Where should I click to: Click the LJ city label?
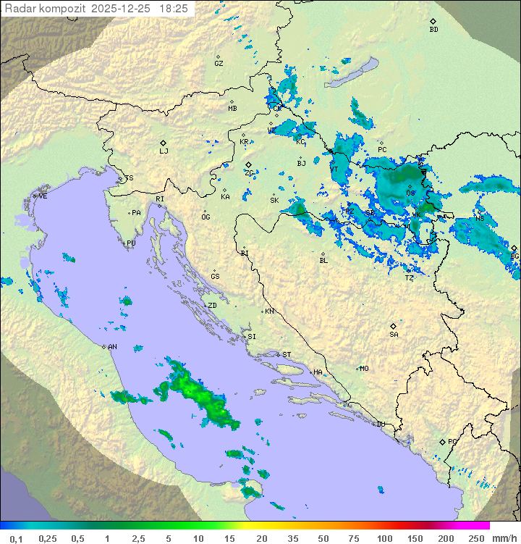164,151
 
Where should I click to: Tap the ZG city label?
249,173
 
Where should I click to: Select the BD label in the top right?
433,30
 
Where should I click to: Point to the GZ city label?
219,64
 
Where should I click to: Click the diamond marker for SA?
393,326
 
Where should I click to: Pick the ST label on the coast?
287,355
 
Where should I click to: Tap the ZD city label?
212,306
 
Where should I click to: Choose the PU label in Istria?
131,243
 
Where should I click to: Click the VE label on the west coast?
43,196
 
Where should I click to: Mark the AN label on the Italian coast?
112,347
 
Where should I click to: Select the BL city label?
323,261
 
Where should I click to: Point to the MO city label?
364,369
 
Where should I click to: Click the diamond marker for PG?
442,441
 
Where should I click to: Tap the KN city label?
269,311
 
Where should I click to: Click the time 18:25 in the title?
174,9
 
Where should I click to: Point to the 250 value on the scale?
475,538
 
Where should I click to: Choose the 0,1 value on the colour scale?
16,538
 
